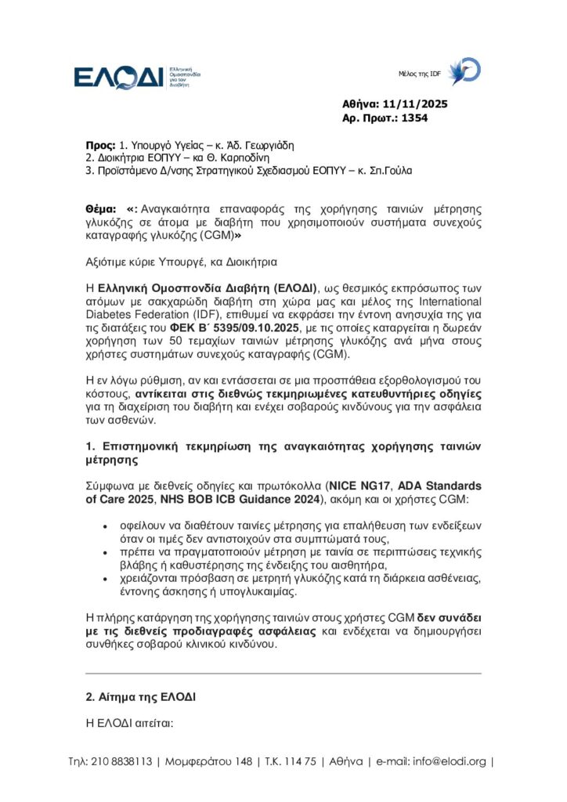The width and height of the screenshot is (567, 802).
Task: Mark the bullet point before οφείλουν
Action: pyautogui.click(x=105, y=520)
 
